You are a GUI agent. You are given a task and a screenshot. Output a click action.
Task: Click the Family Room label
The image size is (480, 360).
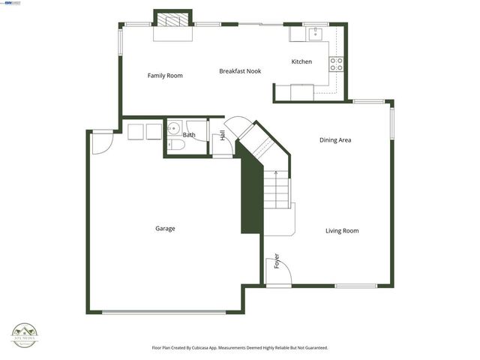[x=165, y=76]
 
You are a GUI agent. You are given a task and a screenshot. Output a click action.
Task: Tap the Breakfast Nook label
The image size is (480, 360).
[x=240, y=71]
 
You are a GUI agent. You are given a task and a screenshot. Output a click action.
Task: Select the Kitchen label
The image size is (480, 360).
[x=301, y=61]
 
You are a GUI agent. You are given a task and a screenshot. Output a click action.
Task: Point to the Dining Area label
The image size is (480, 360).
[x=335, y=140]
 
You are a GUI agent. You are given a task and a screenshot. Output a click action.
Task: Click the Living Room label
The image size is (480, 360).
[x=341, y=231]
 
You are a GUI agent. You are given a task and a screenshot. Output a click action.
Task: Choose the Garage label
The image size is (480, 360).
[x=165, y=229]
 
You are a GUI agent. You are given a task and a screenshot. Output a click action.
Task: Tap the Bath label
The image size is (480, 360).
[x=189, y=135]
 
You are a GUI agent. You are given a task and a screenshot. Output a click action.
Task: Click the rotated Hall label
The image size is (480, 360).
[x=223, y=136]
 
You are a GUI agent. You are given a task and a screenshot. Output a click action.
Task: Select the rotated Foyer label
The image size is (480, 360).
[x=277, y=261]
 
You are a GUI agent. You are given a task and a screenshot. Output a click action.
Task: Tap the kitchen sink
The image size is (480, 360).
[x=316, y=33]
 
